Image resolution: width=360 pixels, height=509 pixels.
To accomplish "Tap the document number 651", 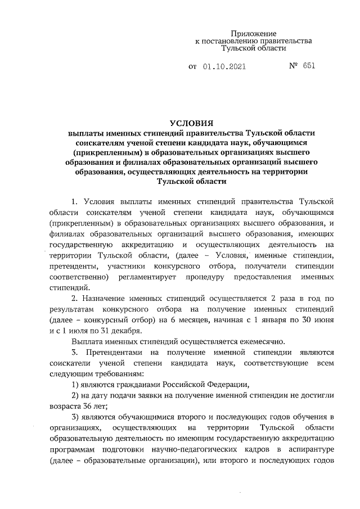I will [308, 66].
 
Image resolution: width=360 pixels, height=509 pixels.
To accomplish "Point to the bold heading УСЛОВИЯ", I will [192, 123].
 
